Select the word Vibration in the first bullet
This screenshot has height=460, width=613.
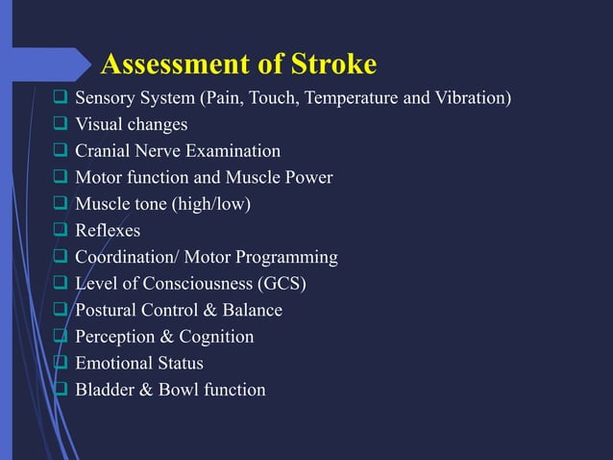472,98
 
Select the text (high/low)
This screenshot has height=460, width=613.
220,204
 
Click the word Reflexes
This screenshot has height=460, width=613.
108,231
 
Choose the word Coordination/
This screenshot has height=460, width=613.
124,257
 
